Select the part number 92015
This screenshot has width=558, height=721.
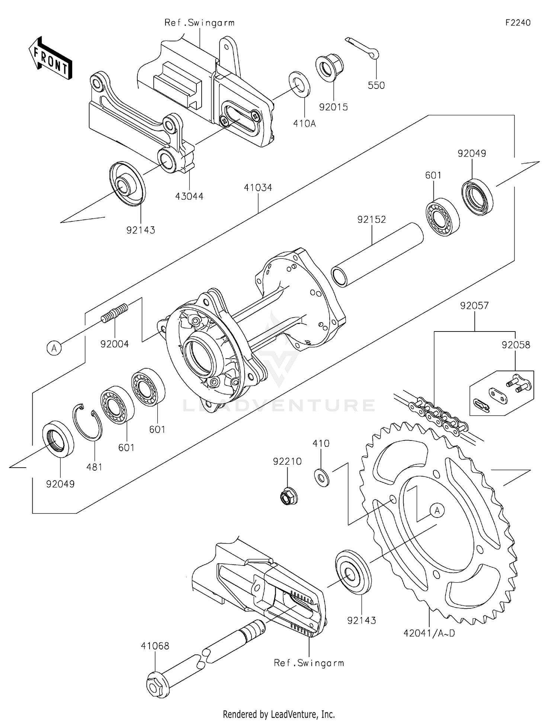coord(333,107)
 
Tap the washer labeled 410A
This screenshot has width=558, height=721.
coord(299,84)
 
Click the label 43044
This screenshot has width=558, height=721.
coord(189,196)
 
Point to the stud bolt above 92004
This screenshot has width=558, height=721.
coord(115,314)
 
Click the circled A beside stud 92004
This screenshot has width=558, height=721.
coord(54,348)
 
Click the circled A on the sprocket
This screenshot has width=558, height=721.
coord(437,510)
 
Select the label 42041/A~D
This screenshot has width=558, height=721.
coord(429,633)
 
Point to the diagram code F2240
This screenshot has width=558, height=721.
coord(518,23)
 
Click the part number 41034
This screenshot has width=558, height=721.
coord(258,188)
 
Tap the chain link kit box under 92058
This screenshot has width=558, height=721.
coord(501,393)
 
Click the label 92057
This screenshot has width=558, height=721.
coord(474,305)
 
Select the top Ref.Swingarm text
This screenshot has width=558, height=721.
coord(199,23)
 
